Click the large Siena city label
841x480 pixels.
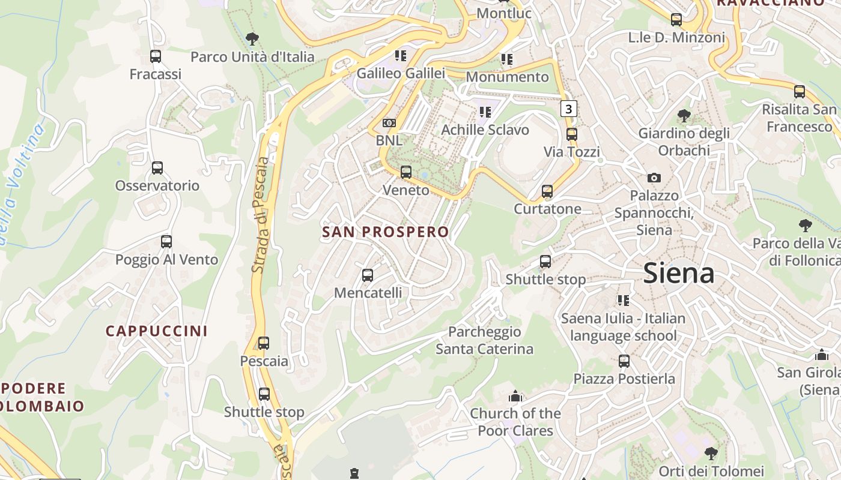pos(678,274)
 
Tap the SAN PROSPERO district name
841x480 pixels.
pos(385,232)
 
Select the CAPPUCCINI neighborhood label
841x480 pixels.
pos(156,331)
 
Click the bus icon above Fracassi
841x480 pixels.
pos(156,56)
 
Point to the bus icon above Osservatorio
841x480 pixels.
pos(157,168)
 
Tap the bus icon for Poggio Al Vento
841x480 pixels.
pos(166,242)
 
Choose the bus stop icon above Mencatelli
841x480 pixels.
pos(368,275)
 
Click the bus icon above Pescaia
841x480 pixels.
pos(264,343)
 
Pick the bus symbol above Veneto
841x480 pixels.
pos(406,172)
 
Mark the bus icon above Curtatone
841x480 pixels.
pos(547,191)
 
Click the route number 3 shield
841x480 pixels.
pos(569,109)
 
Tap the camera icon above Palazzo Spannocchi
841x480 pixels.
pos(654,178)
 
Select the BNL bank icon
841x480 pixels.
pos(389,123)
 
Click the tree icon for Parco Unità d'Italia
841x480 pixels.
pos(252,39)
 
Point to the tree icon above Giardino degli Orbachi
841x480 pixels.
pos(684,115)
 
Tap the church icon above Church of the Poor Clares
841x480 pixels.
pos(515,396)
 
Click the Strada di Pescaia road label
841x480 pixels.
pos(261,215)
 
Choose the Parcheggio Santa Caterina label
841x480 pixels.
pos(484,340)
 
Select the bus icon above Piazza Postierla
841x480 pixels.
pos(624,361)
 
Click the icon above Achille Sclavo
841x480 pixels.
pos(485,112)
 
